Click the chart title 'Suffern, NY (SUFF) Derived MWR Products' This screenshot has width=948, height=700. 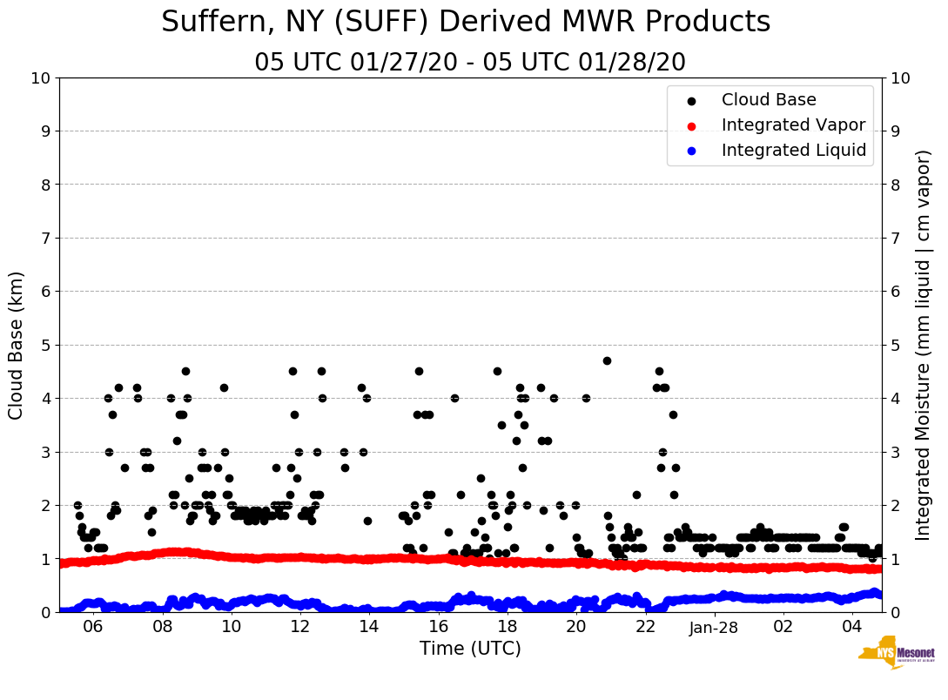(x=466, y=23)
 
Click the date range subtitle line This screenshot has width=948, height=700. (x=470, y=63)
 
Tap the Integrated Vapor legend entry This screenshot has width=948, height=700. (x=793, y=125)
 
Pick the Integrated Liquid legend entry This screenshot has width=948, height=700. (x=793, y=151)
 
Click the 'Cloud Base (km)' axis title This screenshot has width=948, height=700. (x=17, y=345)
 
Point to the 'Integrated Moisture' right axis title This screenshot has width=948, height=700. (x=924, y=345)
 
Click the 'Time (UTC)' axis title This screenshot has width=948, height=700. (x=470, y=649)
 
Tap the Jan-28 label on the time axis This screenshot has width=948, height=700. (x=714, y=627)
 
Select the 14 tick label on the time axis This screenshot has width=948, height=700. (x=369, y=627)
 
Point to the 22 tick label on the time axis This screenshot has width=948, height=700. (x=645, y=627)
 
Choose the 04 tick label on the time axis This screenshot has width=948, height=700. (x=852, y=627)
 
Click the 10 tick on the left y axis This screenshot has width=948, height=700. (x=40, y=78)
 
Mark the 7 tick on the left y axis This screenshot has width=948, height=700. (x=45, y=239)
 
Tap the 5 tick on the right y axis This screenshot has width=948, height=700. (x=896, y=346)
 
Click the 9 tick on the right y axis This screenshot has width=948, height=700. (x=896, y=131)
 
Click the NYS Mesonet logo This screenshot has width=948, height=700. (x=897, y=656)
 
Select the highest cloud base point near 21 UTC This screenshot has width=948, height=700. (x=607, y=360)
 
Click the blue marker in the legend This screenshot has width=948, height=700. (x=691, y=151)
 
